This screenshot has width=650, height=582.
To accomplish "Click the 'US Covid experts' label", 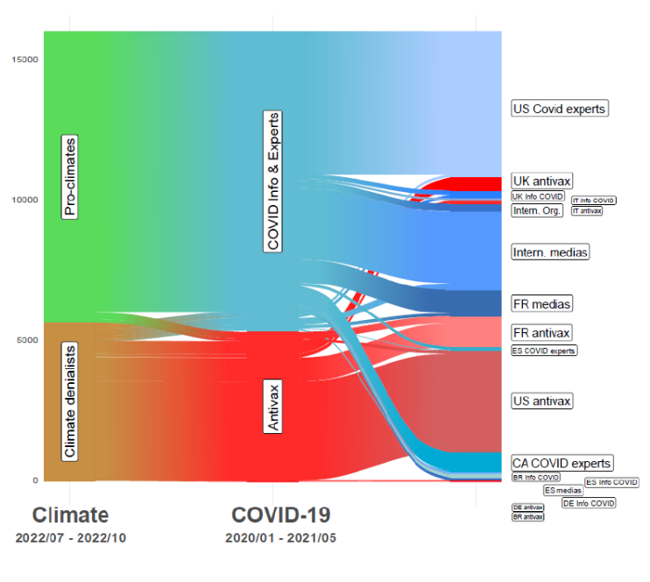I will point(559,109).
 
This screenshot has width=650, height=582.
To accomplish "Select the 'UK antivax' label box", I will point(542,181).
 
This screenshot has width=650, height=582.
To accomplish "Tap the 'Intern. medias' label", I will point(550,252).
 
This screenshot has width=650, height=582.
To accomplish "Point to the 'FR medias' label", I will point(542,304).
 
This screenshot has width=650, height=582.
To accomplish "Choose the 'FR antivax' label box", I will point(542,333).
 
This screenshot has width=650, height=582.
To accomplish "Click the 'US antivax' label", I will point(542,401).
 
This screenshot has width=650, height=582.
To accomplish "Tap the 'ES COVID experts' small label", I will point(544,351).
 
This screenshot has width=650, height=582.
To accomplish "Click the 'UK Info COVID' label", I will point(538,196).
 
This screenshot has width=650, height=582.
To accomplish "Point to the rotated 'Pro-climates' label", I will point(70,176).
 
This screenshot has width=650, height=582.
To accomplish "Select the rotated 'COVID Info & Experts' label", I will point(273,181).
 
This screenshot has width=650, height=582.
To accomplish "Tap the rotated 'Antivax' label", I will point(273,407).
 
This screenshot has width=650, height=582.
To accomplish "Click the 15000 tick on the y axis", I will point(25,60).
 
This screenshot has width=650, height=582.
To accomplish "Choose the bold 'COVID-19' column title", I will point(280,515).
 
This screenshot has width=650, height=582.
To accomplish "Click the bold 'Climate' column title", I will point(70,515).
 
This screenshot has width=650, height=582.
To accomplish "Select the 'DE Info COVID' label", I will point(589,503).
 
